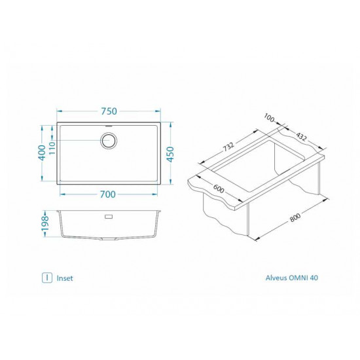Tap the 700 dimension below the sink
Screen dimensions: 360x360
(x=108, y=194)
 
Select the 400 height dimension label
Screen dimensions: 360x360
(x=42, y=154)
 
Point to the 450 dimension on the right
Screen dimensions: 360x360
(x=171, y=154)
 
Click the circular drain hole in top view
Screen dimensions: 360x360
(x=108, y=139)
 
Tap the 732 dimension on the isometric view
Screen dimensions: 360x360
(x=226, y=148)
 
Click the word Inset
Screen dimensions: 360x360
(x=65, y=278)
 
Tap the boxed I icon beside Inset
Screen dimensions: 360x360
(x=47, y=278)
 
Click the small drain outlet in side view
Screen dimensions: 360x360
(x=108, y=215)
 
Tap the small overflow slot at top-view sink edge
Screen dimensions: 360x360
(x=108, y=125)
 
